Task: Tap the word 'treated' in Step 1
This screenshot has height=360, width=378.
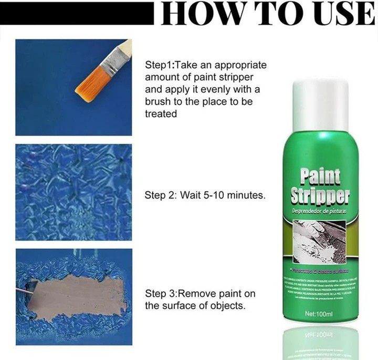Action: (x=160, y=114)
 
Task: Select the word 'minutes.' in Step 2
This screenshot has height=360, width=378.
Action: (x=247, y=196)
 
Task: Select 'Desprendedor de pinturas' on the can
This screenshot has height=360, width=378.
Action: (x=320, y=212)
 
